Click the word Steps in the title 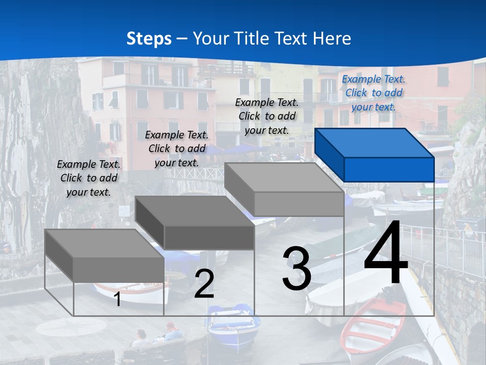tap(149, 39)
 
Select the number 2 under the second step tap(204, 284)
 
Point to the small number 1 tap(117, 299)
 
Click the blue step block tap(375, 155)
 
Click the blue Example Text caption tap(374, 93)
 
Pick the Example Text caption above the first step tap(89, 178)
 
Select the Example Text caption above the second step tap(177, 149)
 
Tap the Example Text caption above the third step tap(267, 116)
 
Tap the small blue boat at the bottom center tap(234, 324)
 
